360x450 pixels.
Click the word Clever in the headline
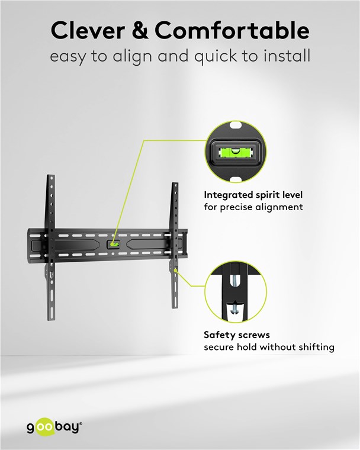click(88, 30)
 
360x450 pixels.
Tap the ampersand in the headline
click(140, 30)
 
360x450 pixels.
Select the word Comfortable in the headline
click(232, 30)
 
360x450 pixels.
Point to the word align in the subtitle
click(132, 56)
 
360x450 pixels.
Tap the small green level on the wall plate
click(114, 245)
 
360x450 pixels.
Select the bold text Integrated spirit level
click(253, 195)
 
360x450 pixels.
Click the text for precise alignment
click(253, 207)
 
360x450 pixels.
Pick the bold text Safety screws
click(237, 335)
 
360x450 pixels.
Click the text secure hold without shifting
click(269, 347)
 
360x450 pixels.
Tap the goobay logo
click(54, 427)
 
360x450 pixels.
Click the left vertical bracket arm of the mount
click(51, 247)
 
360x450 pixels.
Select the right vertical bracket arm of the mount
click(175, 245)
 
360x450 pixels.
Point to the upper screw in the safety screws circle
click(235, 278)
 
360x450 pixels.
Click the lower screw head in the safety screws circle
click(235, 310)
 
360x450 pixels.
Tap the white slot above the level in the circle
click(236, 126)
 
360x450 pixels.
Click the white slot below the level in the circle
click(236, 179)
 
